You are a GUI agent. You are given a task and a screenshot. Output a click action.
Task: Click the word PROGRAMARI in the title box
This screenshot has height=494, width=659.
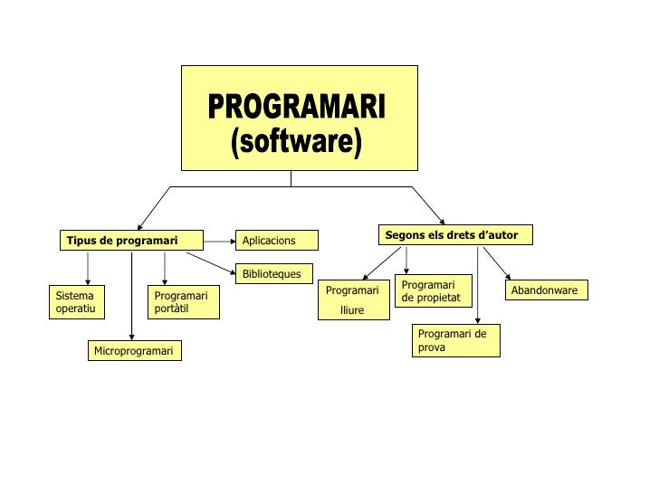(298, 109)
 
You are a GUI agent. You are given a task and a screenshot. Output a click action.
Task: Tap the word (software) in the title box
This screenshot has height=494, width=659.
(297, 142)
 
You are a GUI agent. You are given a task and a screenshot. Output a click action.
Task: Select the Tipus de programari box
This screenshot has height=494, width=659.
(121, 240)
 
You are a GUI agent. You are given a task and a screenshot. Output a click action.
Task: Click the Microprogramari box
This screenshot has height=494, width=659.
(134, 350)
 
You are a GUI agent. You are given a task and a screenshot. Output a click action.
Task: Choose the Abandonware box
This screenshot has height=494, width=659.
(547, 290)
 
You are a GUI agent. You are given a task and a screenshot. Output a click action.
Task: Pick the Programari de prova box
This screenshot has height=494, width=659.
(456, 341)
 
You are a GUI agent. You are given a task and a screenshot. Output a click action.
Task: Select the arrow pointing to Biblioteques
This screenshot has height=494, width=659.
(213, 261)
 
